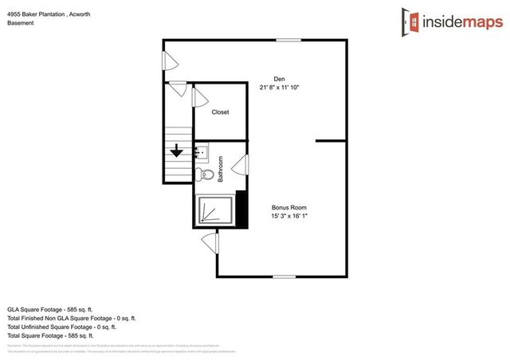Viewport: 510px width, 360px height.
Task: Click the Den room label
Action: [279, 78]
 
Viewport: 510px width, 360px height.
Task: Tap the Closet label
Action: [220, 112]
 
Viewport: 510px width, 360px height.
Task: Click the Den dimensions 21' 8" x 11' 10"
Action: [279, 87]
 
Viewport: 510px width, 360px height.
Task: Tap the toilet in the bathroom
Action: [203, 174]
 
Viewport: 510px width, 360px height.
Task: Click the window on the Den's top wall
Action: [288, 40]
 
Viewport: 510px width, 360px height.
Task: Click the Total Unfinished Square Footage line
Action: [61, 327]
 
